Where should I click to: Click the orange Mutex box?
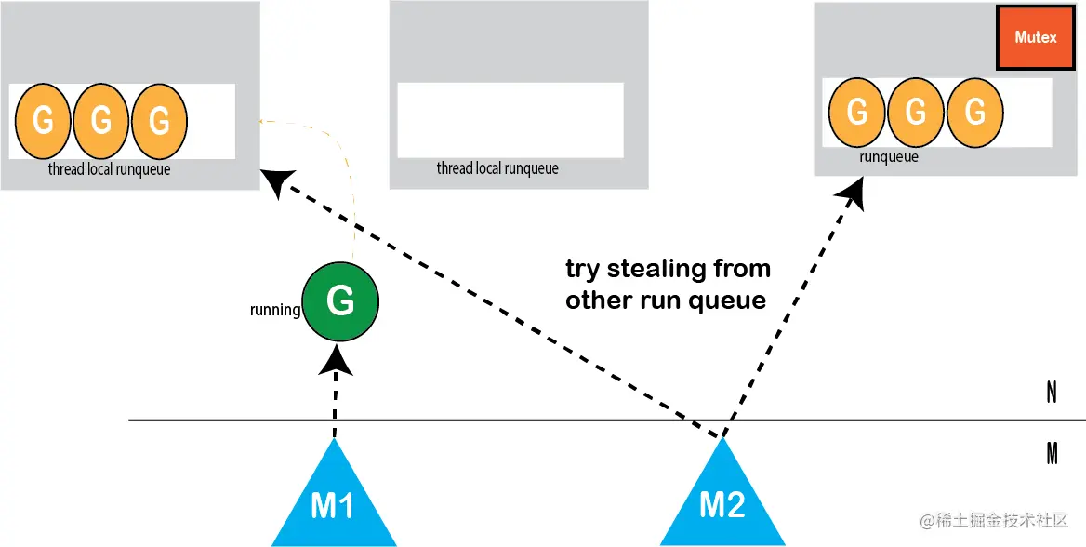click(x=1036, y=38)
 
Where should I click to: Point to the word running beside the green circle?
click(x=275, y=310)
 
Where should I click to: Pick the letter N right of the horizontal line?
click(x=1051, y=394)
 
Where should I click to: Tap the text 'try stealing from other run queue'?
click(x=668, y=285)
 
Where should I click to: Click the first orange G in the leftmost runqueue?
click(x=43, y=121)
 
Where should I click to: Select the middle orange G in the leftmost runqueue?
click(x=101, y=121)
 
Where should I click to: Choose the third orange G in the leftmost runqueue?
click(x=159, y=121)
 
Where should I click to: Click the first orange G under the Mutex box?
click(x=857, y=112)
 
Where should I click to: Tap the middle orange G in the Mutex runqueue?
click(x=917, y=112)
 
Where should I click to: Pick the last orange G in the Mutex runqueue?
click(x=975, y=112)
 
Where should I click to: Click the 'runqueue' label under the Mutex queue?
click(x=889, y=157)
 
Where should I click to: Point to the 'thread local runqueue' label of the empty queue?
click(x=497, y=168)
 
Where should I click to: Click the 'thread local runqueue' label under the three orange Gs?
click(x=109, y=169)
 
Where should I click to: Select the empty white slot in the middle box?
click(x=510, y=120)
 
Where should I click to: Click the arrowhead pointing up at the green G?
click(x=336, y=362)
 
